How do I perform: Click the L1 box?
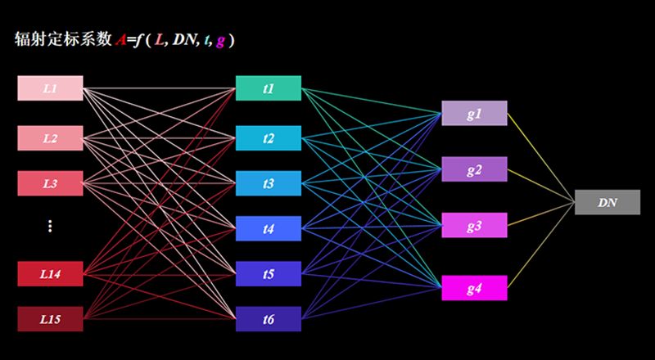point(50,88)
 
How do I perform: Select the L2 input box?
point(50,137)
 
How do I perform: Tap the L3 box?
point(50,183)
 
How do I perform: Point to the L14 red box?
point(50,274)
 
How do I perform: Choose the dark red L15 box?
point(50,319)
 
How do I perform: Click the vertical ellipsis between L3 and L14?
point(50,226)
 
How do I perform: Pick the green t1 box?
point(269,88)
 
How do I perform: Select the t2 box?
point(269,137)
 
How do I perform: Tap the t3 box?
point(269,183)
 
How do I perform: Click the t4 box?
point(269,228)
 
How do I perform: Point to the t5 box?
point(269,274)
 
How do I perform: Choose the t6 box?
point(269,319)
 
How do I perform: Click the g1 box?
point(475,113)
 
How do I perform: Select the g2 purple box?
point(475,169)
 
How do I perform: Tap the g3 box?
point(475,225)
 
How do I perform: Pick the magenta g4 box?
point(475,288)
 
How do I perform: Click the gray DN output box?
point(608,202)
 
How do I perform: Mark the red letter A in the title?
point(120,40)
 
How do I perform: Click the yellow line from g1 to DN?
point(541,158)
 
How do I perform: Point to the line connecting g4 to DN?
point(541,245)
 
